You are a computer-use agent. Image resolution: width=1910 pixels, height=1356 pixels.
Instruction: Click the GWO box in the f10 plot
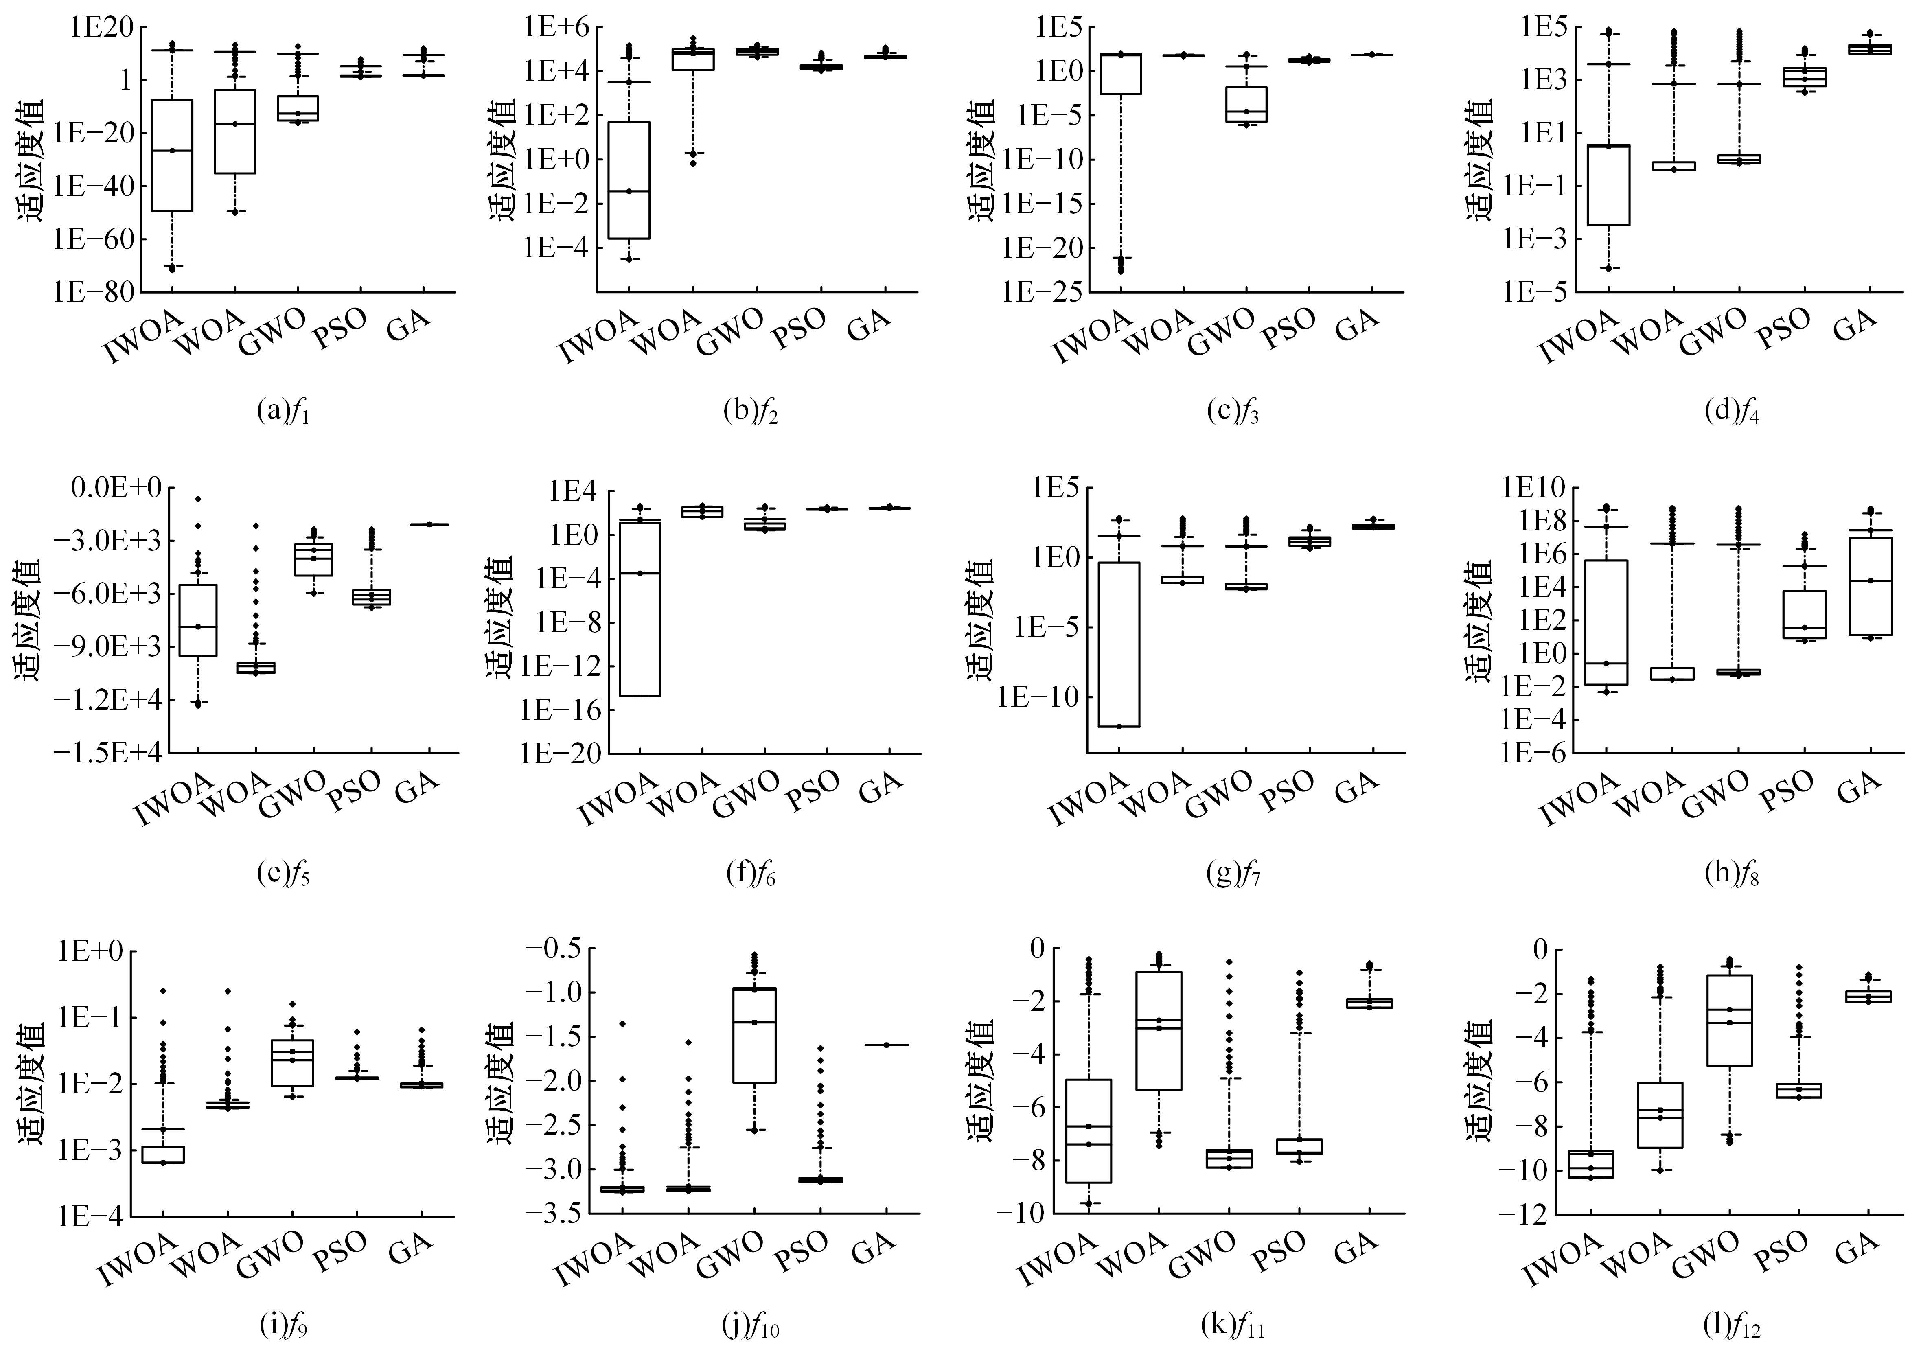[x=755, y=1035]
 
